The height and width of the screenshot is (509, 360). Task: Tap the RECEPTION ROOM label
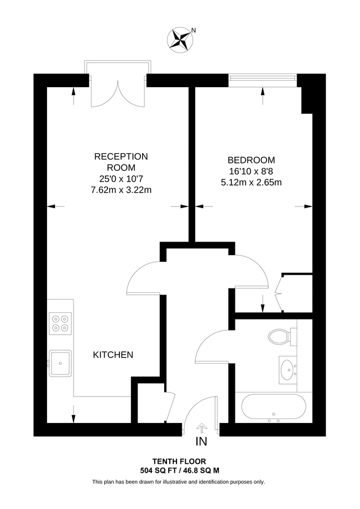[121, 162]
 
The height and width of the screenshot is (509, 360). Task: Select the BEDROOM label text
[251, 160]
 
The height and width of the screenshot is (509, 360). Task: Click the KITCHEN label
[113, 355]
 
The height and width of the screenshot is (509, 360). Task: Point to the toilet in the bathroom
[279, 337]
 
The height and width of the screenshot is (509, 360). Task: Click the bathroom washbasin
[288, 370]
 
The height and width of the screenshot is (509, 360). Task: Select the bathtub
[274, 407]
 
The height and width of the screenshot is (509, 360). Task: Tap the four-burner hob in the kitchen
[60, 322]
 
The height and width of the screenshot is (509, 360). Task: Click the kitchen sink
[59, 363]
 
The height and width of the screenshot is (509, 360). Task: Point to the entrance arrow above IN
[202, 428]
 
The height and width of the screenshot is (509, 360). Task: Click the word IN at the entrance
[202, 441]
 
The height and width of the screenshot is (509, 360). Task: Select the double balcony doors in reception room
[118, 92]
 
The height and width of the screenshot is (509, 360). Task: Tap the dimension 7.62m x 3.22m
[121, 190]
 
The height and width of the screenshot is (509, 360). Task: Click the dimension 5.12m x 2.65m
[251, 182]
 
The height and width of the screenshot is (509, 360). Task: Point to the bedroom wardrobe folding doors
[280, 292]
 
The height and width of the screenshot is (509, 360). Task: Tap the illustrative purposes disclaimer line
[179, 482]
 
